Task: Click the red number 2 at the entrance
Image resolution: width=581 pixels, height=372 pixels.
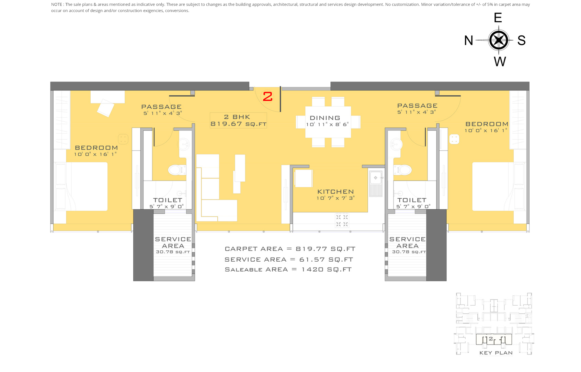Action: click(267, 97)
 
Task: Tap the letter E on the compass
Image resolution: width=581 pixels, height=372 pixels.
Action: click(498, 18)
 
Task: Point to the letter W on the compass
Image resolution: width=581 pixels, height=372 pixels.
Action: click(500, 62)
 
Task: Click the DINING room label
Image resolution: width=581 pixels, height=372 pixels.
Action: click(325, 118)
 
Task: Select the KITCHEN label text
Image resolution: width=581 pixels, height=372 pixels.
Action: click(335, 192)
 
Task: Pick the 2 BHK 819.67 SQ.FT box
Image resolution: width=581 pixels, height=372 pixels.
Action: click(238, 120)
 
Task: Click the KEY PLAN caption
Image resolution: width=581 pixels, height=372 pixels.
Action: click(496, 353)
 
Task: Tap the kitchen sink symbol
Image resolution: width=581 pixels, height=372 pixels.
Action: click(376, 178)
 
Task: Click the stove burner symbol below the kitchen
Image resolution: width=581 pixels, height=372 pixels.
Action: click(342, 220)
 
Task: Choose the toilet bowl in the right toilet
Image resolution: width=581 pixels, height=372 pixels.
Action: click(404, 169)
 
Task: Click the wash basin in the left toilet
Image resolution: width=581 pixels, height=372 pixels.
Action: click(184, 144)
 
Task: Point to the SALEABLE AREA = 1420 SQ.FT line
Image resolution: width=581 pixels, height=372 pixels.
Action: click(288, 270)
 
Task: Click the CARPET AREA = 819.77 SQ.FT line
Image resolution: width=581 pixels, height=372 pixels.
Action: click(290, 249)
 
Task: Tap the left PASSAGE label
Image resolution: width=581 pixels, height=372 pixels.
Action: click(161, 107)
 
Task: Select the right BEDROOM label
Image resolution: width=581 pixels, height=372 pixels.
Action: click(487, 124)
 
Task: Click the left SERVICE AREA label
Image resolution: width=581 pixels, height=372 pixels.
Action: click(173, 242)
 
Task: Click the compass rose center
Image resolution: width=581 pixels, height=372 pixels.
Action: click(499, 40)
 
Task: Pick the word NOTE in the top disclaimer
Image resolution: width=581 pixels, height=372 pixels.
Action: click(57, 4)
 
